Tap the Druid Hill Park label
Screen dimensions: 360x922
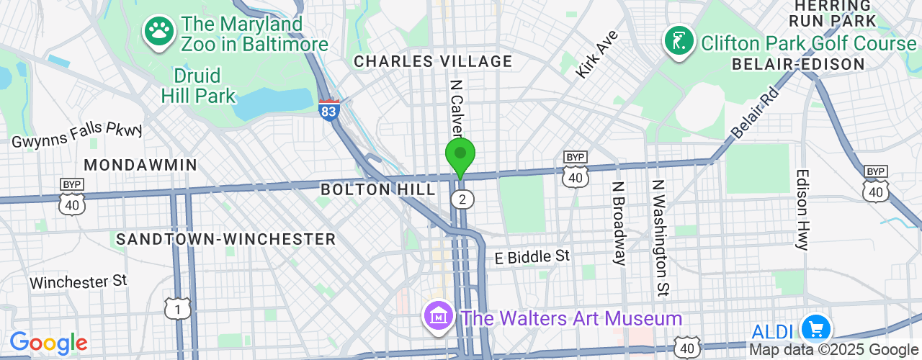point(198,85)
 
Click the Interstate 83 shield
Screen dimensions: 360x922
point(329,110)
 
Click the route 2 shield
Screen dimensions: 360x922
point(462,199)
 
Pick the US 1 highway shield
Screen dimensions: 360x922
point(177,309)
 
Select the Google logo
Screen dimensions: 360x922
point(48,343)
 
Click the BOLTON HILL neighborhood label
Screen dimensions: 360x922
point(377,190)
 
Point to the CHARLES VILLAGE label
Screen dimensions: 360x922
point(433,62)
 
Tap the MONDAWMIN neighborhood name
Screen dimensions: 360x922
point(140,165)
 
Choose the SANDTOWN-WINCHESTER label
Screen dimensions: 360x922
point(225,239)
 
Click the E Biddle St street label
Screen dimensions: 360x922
point(532,257)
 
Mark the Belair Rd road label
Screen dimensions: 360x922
point(755,113)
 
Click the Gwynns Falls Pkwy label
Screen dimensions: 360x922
point(77,135)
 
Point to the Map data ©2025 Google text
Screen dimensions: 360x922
point(834,350)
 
